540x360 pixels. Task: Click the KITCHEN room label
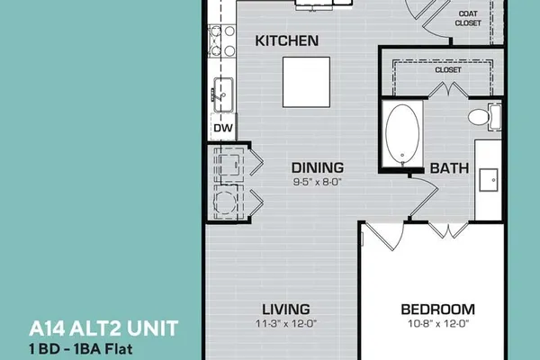286,40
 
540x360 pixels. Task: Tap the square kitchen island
307,82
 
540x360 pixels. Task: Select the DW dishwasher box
223,128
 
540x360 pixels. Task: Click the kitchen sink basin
223,94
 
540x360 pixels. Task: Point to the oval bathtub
402,134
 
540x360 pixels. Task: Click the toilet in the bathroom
484,116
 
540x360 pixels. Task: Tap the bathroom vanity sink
489,180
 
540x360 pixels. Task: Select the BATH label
449,168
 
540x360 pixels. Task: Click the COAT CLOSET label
468,18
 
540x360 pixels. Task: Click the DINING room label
318,167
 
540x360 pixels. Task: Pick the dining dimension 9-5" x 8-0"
317,182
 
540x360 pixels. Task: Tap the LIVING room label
286,309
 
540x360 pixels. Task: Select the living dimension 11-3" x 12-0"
286,323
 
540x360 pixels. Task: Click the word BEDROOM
437,309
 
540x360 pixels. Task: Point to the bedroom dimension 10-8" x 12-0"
439,323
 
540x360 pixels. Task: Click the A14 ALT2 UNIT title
103,328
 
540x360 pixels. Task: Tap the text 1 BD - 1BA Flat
81,348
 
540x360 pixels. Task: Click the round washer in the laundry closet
225,202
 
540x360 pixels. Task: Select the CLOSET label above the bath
448,69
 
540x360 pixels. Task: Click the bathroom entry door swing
425,195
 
